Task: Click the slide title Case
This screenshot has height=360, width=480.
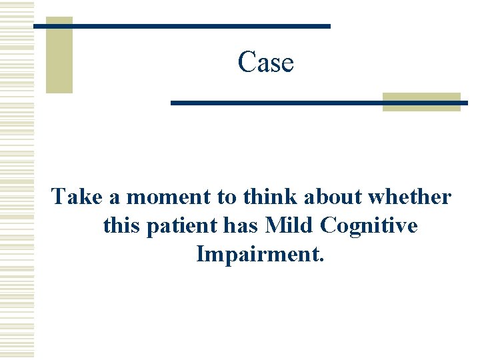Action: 265,63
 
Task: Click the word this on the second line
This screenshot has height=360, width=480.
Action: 121,225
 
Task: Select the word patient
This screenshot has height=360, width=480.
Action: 179,227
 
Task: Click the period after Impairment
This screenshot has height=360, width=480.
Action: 321,259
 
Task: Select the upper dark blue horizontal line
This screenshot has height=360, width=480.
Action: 182,26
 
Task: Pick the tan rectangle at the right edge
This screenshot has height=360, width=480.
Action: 421,101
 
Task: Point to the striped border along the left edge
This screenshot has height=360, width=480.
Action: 17,180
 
